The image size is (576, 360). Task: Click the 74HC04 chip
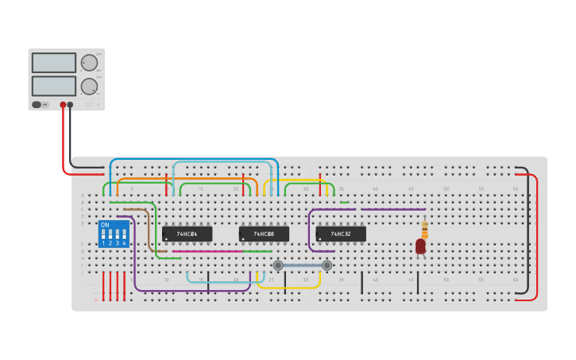coord(187,234)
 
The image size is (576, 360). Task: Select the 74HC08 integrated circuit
coord(264,234)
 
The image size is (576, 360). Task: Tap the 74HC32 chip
coord(341,234)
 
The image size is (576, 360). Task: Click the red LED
coord(420,246)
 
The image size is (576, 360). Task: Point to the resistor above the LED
coord(424,229)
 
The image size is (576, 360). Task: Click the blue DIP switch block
coord(114,234)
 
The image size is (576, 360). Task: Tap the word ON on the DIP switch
coord(105,225)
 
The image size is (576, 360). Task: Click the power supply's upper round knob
coord(89,63)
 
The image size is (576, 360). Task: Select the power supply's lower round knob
coord(89,86)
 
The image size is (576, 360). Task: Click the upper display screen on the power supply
coord(54,63)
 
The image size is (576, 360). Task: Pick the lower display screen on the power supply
coord(54,86)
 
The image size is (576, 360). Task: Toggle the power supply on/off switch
coord(37,104)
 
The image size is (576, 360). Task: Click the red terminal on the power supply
coord(63,104)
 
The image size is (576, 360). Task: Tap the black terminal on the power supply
coord(70,104)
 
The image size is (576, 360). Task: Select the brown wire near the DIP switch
coord(149,230)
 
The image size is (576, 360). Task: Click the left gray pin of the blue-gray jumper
coord(278,265)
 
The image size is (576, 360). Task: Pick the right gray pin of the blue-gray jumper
coord(327,265)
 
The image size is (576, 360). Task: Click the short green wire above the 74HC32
coord(344,202)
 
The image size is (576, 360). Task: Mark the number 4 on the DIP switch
coord(124,242)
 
